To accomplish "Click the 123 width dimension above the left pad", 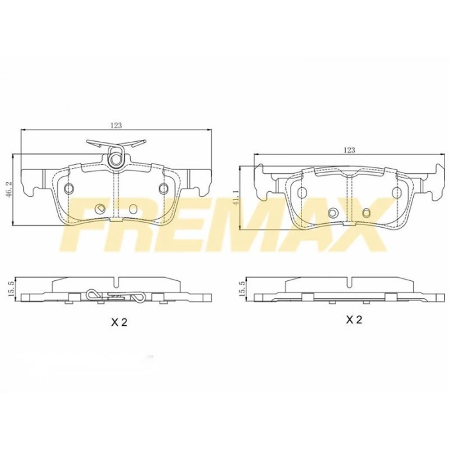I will click(x=116, y=126).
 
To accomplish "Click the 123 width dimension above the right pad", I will click(x=348, y=150).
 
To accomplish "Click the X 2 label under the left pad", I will click(x=119, y=323).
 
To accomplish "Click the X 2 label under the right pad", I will click(x=354, y=319).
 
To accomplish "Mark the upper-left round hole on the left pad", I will click(x=69, y=188).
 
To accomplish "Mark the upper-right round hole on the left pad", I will click(x=164, y=188).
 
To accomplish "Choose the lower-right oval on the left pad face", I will click(x=132, y=209).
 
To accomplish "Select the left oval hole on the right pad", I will click(x=301, y=191).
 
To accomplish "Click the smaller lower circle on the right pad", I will click(x=367, y=212).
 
